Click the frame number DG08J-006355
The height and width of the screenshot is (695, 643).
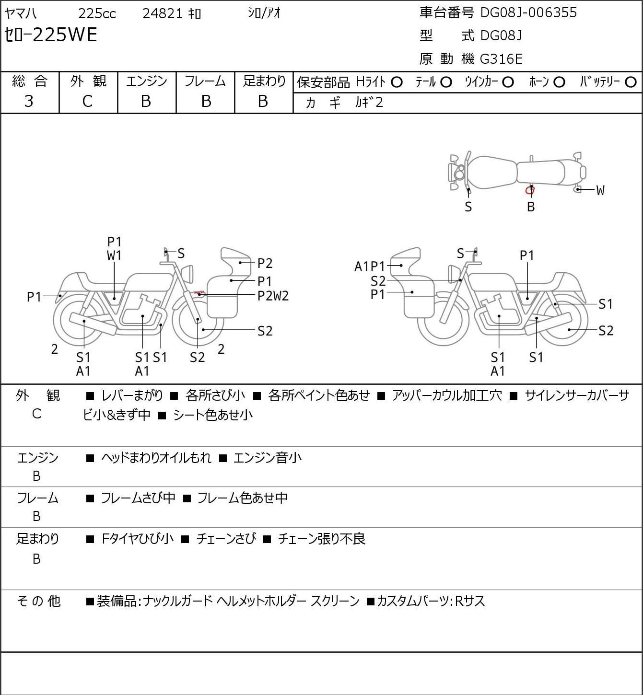(528, 12)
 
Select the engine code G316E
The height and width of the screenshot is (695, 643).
(501, 59)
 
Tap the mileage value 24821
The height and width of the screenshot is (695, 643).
(163, 13)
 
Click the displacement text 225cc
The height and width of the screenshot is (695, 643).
(97, 13)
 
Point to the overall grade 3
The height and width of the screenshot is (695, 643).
(29, 101)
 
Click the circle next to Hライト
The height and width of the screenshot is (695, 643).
(397, 82)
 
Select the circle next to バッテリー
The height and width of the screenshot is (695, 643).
(631, 82)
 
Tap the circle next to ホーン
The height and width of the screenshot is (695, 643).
(559, 82)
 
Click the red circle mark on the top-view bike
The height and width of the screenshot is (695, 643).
(529, 190)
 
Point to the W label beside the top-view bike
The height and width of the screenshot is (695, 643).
(600, 190)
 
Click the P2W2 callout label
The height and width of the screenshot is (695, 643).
(273, 296)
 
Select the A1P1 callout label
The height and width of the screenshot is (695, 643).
(370, 266)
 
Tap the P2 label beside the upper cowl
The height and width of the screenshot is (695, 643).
(265, 263)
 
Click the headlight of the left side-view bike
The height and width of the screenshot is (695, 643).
(187, 274)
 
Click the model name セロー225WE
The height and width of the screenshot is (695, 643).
(51, 35)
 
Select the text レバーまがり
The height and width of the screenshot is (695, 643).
(132, 395)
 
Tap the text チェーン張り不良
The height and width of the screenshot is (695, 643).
(321, 539)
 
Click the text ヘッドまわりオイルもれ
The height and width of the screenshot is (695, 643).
(156, 457)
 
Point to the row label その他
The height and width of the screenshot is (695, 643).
(39, 601)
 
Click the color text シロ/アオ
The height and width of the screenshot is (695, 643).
(264, 13)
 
